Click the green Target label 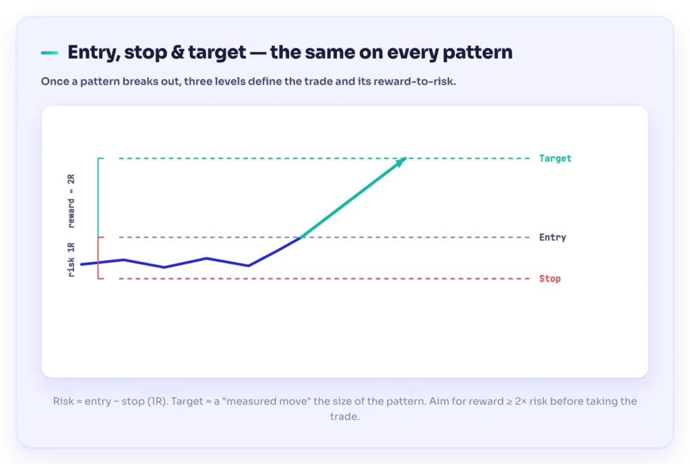pos(555,158)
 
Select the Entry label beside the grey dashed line pos(553,238)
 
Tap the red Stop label pos(550,278)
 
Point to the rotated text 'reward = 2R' pos(71,201)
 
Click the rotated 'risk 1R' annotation pos(71,259)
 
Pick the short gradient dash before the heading pos(50,53)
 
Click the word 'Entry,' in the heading pos(94,53)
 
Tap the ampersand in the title pos(177,53)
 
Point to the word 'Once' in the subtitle pos(52,81)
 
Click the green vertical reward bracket pos(98,197)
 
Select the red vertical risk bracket pos(98,258)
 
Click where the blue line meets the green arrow pos(301,238)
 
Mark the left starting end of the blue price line pos(82,265)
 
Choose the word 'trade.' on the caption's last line pos(345,416)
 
